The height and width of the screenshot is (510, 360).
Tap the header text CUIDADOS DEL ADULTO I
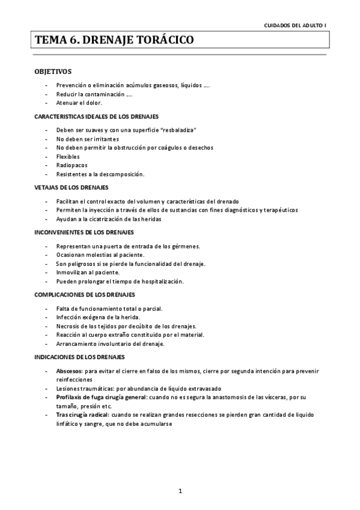[296, 26]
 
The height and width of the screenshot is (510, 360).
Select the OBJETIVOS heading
[53, 72]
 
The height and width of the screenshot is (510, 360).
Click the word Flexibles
[68, 156]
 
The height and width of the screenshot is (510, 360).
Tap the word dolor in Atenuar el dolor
[94, 103]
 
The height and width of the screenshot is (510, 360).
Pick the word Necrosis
[68, 325]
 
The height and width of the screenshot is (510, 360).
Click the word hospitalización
[160, 281]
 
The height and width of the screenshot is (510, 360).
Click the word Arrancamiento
[77, 343]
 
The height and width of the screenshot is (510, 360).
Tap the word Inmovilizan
[72, 272]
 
